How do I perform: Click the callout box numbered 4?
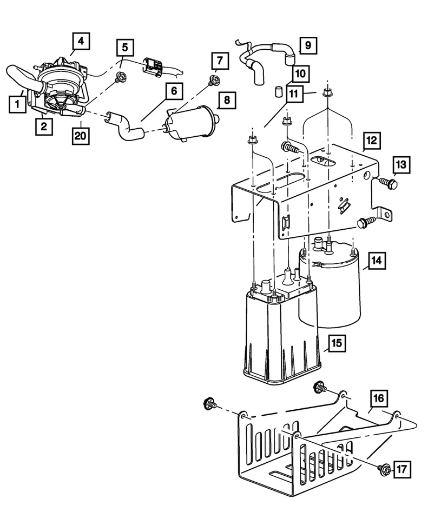click(x=81, y=41)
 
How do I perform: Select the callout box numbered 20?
click(x=81, y=135)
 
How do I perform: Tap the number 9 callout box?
click(x=308, y=45)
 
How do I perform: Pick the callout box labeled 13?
click(x=401, y=164)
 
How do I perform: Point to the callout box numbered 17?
click(x=402, y=469)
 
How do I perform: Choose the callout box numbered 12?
click(x=371, y=141)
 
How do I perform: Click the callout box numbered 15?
click(x=337, y=343)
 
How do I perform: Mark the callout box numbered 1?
click(x=17, y=104)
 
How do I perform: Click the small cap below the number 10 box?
click(x=278, y=91)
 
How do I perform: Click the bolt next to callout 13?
click(x=389, y=182)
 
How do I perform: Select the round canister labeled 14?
click(x=330, y=283)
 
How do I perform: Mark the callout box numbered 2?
click(x=44, y=126)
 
